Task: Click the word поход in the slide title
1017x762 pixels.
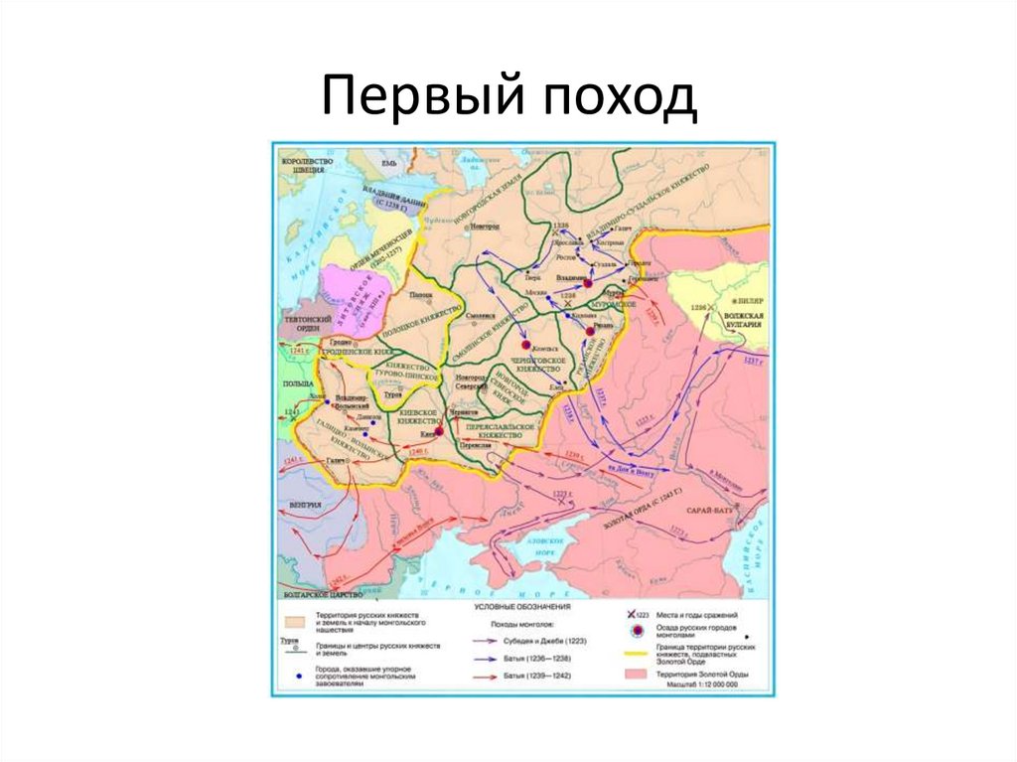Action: click(613, 99)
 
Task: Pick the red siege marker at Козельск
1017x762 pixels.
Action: click(525, 341)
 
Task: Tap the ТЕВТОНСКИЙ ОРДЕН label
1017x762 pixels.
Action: click(299, 326)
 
